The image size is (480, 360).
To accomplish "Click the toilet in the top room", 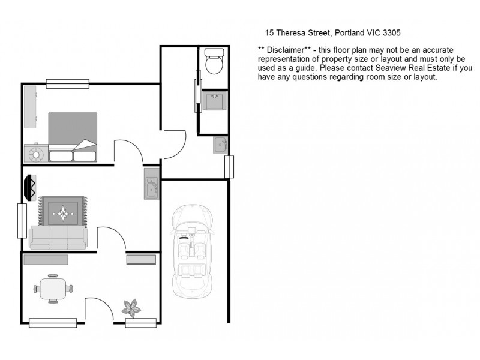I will point(213,62).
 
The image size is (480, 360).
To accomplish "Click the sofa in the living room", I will point(58,237).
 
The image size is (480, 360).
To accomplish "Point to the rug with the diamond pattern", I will point(63,211).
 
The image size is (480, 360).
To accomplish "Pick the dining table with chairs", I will point(53,289).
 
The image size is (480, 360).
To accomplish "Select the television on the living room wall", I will point(29,187).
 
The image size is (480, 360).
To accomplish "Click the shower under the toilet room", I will point(214,103).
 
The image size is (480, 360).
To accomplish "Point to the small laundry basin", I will point(220,145).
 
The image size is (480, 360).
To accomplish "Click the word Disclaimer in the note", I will point(286,49).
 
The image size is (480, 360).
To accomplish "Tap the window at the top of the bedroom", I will point(67,83).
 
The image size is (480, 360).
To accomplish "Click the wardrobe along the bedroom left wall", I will point(29,106).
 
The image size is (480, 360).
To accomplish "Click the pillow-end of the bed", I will point(73,154).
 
